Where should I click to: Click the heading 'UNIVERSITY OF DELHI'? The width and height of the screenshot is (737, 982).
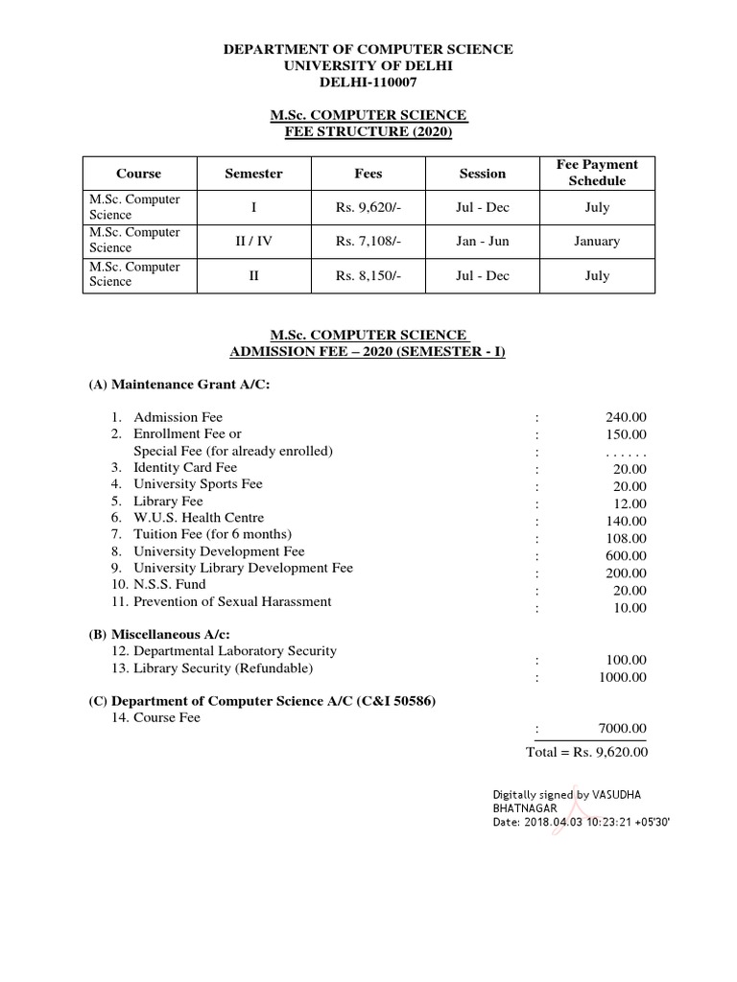[x=368, y=65]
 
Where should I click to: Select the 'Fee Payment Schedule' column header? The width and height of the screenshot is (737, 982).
[x=596, y=173]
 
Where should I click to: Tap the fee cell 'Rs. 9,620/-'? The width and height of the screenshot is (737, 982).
[x=368, y=207]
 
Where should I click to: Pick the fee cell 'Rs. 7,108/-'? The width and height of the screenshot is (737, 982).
[x=368, y=242]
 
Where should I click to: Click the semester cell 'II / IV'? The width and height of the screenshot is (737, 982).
[x=253, y=242]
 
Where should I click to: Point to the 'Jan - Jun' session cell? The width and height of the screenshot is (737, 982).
[x=482, y=242]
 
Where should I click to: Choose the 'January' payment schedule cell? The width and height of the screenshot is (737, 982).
[x=596, y=242]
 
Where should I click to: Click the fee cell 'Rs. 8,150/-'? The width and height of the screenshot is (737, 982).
[x=368, y=276]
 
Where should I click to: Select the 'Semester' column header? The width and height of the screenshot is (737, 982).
[x=253, y=174]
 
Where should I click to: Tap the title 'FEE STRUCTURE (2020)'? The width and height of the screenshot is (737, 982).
[x=368, y=131]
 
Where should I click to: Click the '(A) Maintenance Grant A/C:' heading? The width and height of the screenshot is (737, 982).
[x=179, y=385]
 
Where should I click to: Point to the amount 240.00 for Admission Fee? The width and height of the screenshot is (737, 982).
[x=626, y=417]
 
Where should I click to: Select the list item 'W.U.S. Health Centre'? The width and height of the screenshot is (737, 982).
[x=199, y=518]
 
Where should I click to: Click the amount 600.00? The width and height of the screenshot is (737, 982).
[x=626, y=556]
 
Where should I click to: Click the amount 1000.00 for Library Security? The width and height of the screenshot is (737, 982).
[x=623, y=677]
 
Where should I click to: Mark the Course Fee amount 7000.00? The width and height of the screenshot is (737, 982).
[x=623, y=729]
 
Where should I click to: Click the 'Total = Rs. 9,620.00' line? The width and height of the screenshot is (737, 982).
[x=586, y=752]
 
